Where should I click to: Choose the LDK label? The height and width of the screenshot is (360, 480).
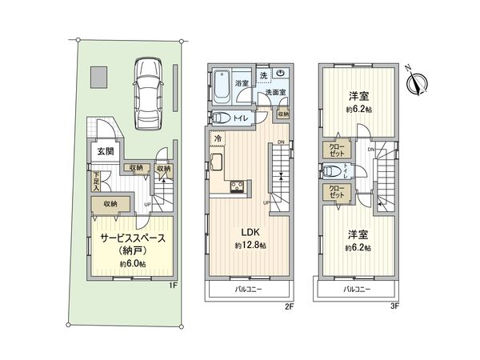click(x=242, y=232)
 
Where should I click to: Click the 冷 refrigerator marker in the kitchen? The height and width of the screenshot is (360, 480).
click(x=217, y=140)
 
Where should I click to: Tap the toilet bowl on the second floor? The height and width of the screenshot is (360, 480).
click(x=222, y=118)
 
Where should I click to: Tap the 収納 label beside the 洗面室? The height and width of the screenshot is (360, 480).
click(x=283, y=114)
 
